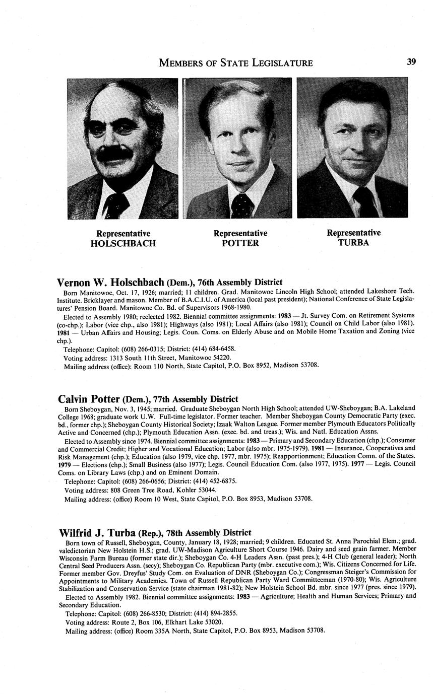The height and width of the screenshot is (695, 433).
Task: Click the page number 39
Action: (x=411, y=62)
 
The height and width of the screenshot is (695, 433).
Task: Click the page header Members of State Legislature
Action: (x=235, y=63)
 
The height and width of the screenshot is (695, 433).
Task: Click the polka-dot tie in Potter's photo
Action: (x=242, y=205)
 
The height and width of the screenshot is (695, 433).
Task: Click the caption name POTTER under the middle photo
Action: (x=240, y=243)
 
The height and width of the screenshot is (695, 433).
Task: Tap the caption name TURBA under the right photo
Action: (x=353, y=243)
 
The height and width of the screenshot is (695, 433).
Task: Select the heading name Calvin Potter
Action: (x=89, y=399)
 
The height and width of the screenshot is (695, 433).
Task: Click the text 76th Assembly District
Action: (x=240, y=283)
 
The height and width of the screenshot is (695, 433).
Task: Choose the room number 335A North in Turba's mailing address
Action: (x=138, y=631)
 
